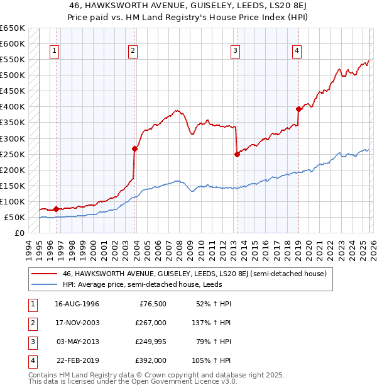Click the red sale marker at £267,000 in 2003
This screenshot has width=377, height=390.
[134, 149]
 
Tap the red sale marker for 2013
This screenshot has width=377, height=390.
[237, 154]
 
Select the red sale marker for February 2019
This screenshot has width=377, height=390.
[298, 109]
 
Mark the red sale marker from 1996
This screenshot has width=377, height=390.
[57, 209]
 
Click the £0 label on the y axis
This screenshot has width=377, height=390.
[19, 233]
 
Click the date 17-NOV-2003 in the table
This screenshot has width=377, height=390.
[77, 323]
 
